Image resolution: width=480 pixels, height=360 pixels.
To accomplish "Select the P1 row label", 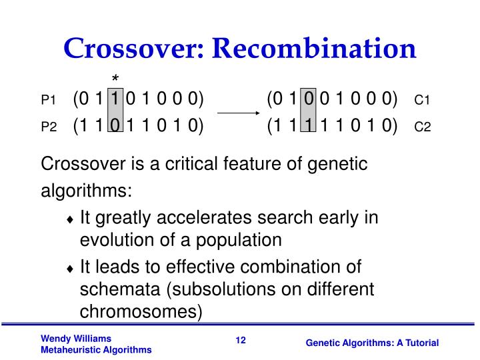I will pyautogui.click(x=48, y=101).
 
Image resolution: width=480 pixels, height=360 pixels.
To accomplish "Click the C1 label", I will pyautogui.click(x=423, y=101).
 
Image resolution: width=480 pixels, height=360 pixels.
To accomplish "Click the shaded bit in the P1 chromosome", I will pyautogui.click(x=115, y=99).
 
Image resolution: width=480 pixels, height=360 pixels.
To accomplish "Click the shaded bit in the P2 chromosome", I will pyautogui.click(x=115, y=125).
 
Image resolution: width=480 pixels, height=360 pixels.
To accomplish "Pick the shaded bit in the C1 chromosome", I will pyautogui.click(x=308, y=99).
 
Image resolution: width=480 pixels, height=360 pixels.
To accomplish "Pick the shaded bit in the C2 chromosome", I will pyautogui.click(x=308, y=125).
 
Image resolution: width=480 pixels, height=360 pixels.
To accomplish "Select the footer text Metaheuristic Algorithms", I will pyautogui.click(x=96, y=350).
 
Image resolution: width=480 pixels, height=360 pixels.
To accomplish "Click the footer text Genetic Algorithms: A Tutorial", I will pyautogui.click(x=372, y=343).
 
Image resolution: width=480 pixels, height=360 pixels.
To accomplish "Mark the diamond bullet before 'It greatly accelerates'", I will pyautogui.click(x=71, y=219).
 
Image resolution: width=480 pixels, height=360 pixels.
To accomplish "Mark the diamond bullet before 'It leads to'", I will pyautogui.click(x=71, y=269).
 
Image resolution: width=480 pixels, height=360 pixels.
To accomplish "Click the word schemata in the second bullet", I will pyautogui.click(x=119, y=290).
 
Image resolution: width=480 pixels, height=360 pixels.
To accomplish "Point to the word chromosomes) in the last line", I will pyautogui.click(x=140, y=312).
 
